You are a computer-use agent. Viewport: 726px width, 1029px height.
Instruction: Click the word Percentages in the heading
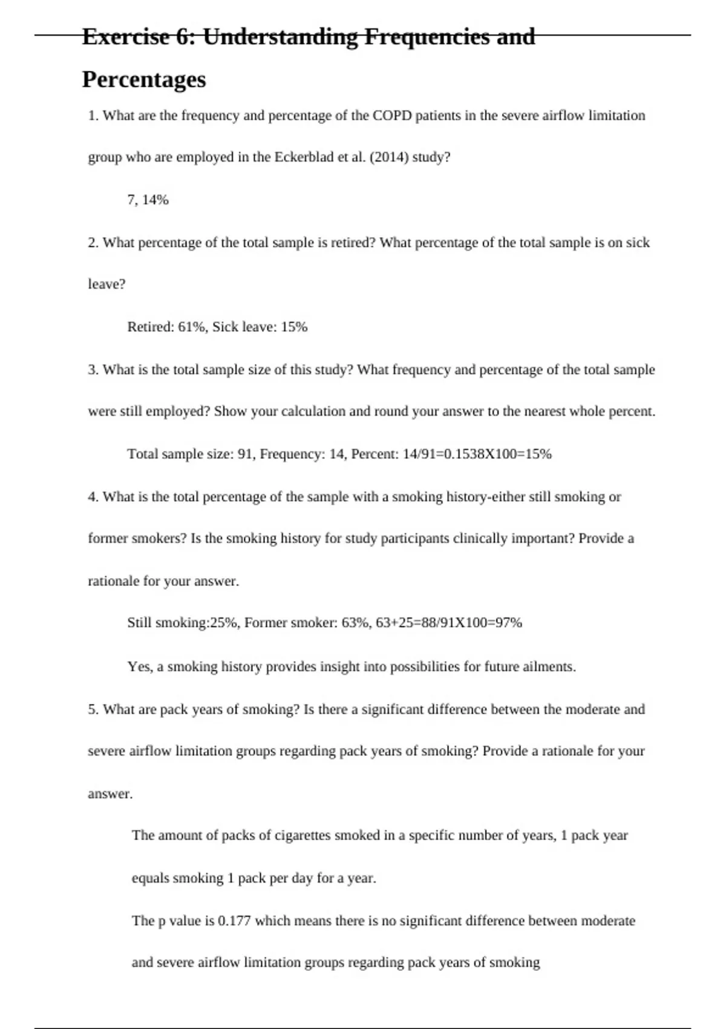click(144, 79)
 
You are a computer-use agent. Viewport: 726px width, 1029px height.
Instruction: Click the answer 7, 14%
click(148, 200)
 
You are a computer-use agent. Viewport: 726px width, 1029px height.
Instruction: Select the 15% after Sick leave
click(294, 327)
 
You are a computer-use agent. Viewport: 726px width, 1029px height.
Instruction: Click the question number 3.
click(93, 370)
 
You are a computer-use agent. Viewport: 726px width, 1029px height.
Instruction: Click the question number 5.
click(93, 709)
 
